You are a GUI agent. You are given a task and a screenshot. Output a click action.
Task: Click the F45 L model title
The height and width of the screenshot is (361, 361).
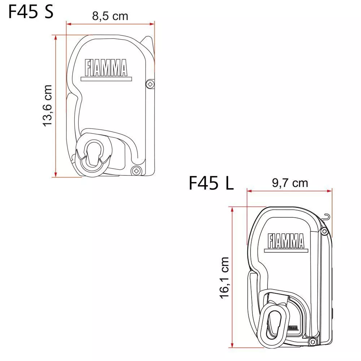click(x=211, y=183)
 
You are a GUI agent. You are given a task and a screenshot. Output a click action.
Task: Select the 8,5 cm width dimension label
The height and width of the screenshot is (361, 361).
click(x=110, y=16)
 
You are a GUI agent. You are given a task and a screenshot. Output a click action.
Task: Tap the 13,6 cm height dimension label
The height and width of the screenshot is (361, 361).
click(x=47, y=105)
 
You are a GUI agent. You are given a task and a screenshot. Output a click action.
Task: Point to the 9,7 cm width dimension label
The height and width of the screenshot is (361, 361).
click(x=290, y=183)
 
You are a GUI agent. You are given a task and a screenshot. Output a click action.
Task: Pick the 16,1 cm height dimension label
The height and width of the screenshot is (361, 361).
click(x=224, y=278)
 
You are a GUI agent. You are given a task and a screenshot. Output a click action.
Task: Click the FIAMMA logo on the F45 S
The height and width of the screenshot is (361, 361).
click(x=106, y=68)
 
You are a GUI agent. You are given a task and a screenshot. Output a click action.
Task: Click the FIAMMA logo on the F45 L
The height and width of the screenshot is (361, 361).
click(x=286, y=241)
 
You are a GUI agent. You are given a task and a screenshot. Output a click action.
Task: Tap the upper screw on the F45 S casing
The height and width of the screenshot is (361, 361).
click(x=150, y=84)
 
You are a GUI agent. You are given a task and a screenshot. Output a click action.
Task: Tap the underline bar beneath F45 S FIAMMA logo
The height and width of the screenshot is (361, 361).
click(x=106, y=78)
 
